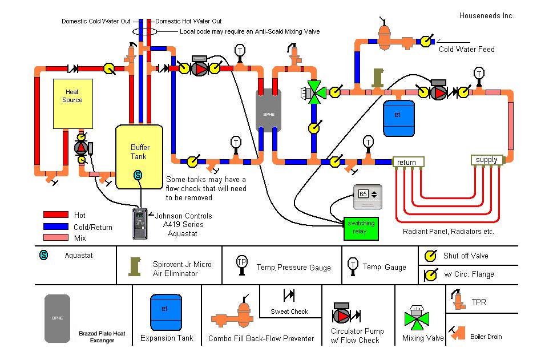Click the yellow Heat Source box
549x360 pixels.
(x=72, y=103)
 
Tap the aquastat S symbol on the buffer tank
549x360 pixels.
(x=138, y=175)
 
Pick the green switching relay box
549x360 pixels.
(x=361, y=228)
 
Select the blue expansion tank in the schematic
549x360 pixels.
(x=398, y=118)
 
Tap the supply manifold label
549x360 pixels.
(x=487, y=160)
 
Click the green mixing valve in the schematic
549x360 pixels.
(x=314, y=91)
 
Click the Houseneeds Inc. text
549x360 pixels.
(x=486, y=16)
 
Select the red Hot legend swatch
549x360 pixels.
(x=56, y=215)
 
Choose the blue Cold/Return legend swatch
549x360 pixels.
(x=56, y=226)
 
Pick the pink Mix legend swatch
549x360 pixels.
(x=56, y=237)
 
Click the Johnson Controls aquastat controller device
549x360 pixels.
(x=140, y=223)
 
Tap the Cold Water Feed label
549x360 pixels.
(x=466, y=49)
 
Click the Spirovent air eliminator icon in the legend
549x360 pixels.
(x=135, y=266)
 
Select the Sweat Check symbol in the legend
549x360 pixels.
(x=289, y=296)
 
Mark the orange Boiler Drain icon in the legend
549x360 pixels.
(x=458, y=333)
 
